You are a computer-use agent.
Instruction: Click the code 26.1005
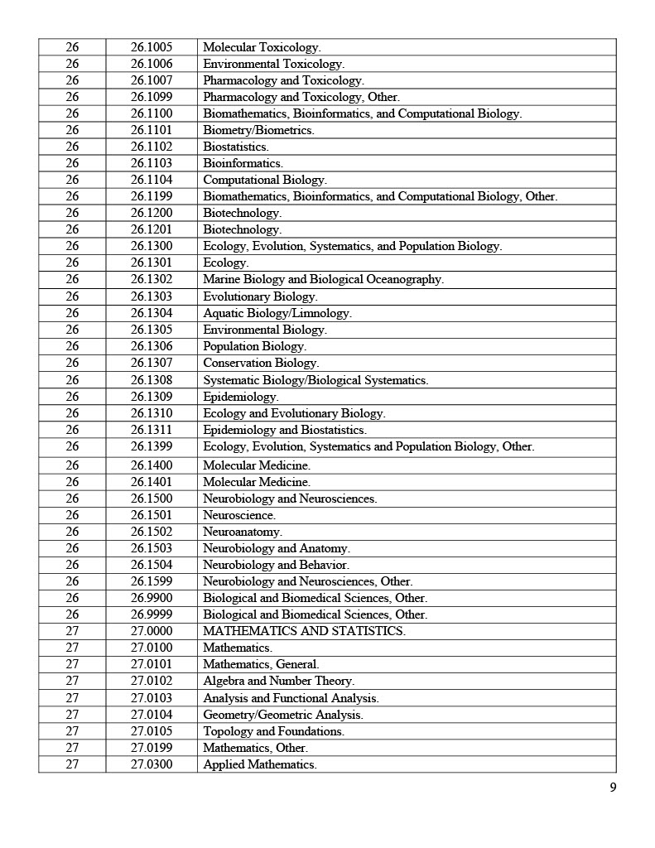152,47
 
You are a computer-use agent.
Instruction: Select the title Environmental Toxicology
273,64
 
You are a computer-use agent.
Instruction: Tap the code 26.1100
152,113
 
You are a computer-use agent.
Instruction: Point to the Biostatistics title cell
236,147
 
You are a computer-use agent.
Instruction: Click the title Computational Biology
265,180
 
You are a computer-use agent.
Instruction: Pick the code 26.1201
152,229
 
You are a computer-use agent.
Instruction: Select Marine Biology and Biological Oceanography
323,279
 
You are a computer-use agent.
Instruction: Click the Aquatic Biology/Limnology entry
277,313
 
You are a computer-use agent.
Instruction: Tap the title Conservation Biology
261,363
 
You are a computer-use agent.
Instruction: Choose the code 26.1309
152,397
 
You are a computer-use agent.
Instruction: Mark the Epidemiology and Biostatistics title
285,430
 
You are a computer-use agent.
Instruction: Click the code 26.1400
152,465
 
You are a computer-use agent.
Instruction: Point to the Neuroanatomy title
243,532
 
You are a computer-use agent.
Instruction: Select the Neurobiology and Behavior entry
276,565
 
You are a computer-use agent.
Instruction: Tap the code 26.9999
152,614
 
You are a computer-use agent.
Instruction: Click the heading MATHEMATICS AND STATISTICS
304,631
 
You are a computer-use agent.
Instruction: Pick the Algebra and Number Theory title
278,681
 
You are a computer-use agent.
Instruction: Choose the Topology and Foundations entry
273,731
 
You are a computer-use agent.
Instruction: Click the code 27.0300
152,764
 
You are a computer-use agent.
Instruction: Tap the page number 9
613,788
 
